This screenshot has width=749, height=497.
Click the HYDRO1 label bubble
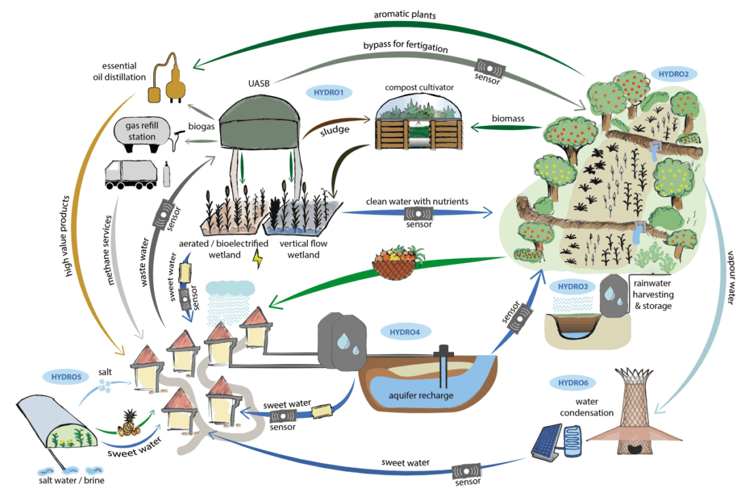pyautogui.click(x=329, y=92)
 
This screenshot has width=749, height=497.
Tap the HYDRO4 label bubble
pyautogui.click(x=404, y=332)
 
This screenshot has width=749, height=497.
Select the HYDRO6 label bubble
pyautogui.click(x=573, y=383)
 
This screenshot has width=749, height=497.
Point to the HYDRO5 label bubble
pyautogui.click(x=67, y=376)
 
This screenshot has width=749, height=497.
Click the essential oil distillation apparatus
pyautogui.click(x=166, y=79)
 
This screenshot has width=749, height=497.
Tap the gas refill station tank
pyautogui.click(x=142, y=133)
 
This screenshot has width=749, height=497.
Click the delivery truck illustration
pyautogui.click(x=131, y=174)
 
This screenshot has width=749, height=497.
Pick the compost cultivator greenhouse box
pyautogui.click(x=419, y=122)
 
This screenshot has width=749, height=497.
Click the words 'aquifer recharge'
pyautogui.click(x=421, y=396)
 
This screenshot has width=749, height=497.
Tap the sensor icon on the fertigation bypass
pyautogui.click(x=490, y=68)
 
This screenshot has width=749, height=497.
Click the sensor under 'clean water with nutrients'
pyautogui.click(x=419, y=213)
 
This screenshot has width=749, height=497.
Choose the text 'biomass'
pyautogui.click(x=508, y=118)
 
